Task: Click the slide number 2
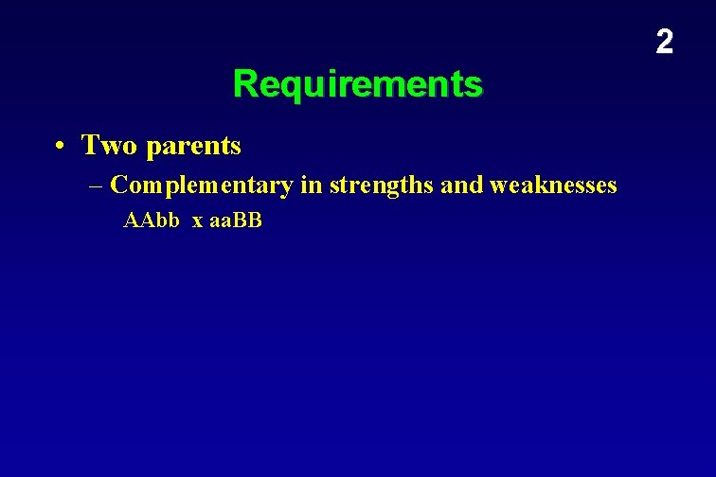[x=665, y=42]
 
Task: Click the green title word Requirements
[x=357, y=84]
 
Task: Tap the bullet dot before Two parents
[x=60, y=147]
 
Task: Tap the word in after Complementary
[x=311, y=185]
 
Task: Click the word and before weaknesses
[x=462, y=185]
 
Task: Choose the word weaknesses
[x=553, y=185]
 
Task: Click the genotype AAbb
[x=152, y=221]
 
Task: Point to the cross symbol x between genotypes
[x=197, y=222]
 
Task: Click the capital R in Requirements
[x=244, y=84]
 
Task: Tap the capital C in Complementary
[x=118, y=185]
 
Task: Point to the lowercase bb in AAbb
[x=167, y=221]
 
